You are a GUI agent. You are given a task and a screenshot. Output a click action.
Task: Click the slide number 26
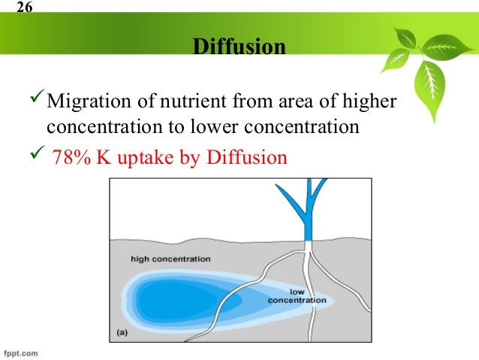click(25, 9)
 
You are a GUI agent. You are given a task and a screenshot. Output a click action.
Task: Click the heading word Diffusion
click(239, 47)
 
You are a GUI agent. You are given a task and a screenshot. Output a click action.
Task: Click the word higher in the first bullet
click(370, 101)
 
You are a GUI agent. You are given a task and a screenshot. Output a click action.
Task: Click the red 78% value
click(71, 158)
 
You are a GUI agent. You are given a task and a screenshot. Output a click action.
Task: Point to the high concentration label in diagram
click(170, 259)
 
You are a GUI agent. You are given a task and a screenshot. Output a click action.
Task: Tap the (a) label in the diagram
click(122, 331)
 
